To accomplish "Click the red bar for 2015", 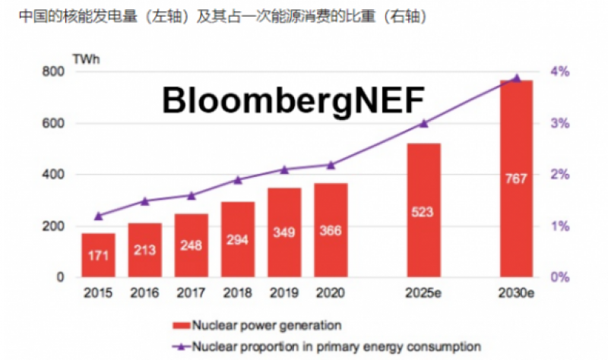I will (98, 255).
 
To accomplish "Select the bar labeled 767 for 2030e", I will (516, 178).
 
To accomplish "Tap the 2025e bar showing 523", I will (423, 210).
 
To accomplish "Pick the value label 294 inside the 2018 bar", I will (237, 241).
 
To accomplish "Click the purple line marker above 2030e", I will (516, 78).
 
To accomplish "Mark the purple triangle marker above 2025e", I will (424, 123).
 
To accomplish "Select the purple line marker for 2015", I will (98, 216).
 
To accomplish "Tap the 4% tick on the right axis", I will (559, 71).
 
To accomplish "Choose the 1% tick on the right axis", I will (559, 226).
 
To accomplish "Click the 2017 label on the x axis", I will (191, 292).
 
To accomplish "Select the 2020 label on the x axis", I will (331, 292).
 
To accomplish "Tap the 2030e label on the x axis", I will (516, 292).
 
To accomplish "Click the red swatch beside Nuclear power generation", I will (182, 326).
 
